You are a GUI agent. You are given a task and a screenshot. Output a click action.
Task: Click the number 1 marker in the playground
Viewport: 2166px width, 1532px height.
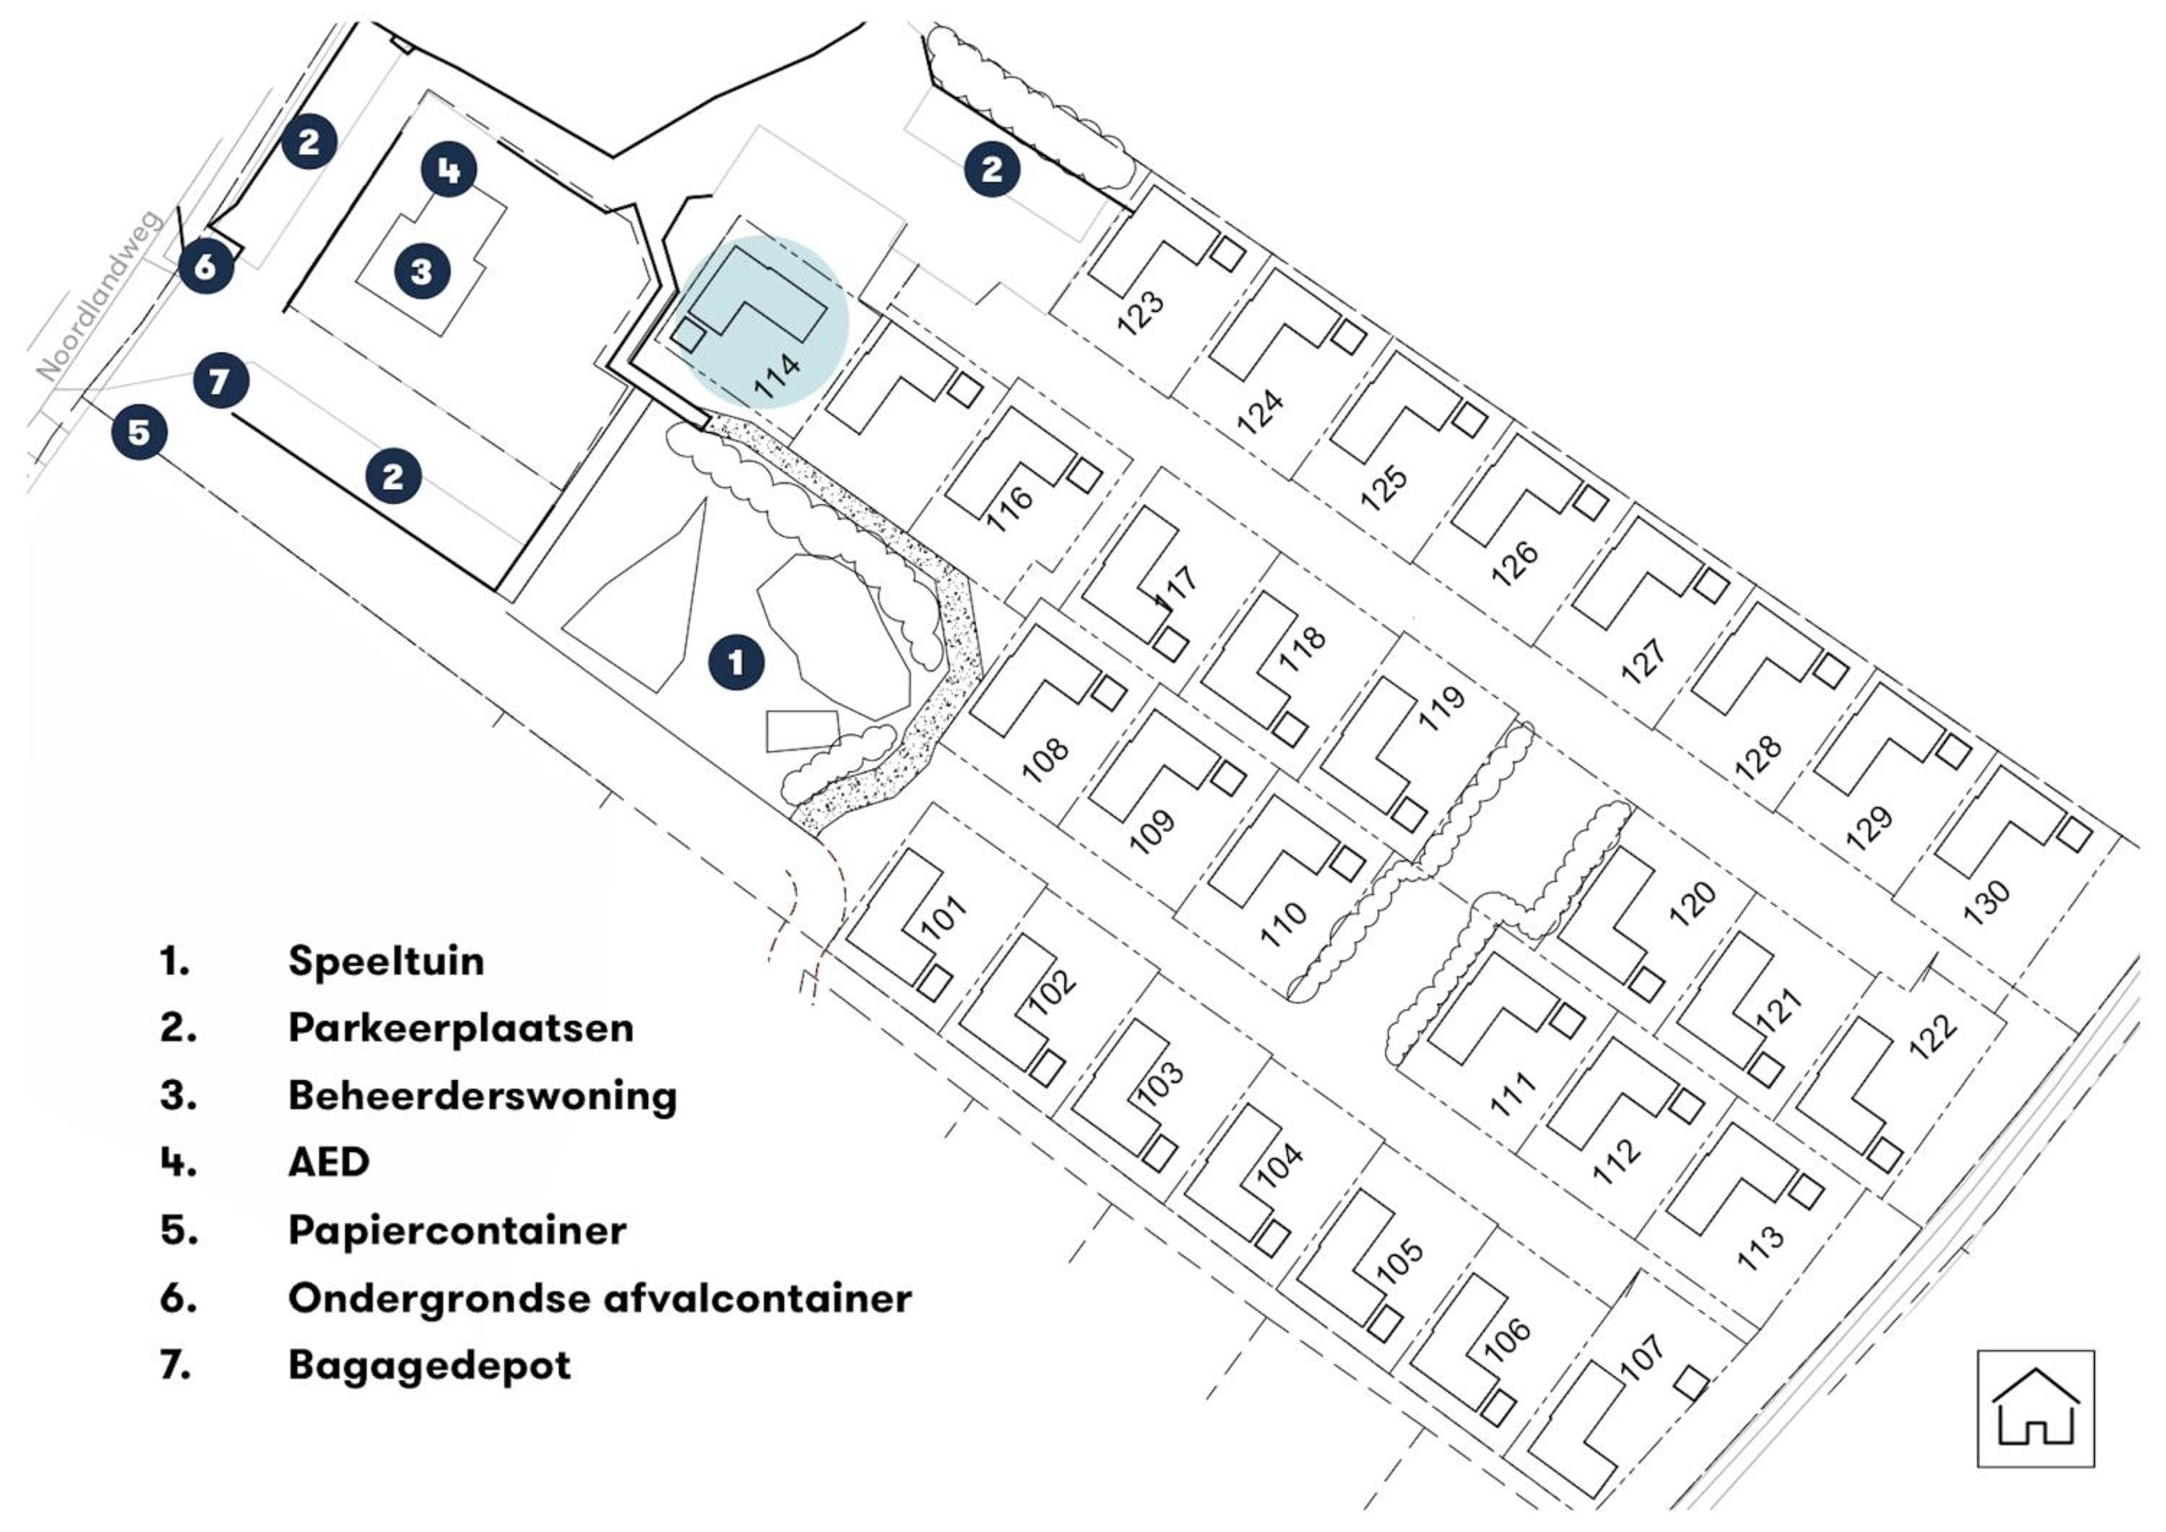[736, 663]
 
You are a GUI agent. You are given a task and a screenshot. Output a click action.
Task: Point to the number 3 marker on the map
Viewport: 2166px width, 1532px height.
[422, 271]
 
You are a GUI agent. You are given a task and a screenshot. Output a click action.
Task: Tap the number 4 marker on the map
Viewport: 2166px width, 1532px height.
[448, 170]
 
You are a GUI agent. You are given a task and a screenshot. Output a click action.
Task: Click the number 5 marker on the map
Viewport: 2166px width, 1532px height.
[139, 433]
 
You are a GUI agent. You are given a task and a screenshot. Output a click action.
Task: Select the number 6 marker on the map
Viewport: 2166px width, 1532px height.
[206, 267]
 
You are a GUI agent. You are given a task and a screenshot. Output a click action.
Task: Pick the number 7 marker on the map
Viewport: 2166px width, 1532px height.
[221, 381]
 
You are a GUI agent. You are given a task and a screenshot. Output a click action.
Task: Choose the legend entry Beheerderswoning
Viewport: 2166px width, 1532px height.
[482, 1096]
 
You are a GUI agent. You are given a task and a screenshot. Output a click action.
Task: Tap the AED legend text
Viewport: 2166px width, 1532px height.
[329, 1162]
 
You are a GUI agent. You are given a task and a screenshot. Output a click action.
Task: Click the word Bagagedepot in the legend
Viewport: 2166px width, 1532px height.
[430, 1366]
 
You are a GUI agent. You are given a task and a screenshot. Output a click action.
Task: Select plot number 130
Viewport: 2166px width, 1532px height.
[1987, 902]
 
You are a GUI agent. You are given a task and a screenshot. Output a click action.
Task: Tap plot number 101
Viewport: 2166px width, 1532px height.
[944, 916]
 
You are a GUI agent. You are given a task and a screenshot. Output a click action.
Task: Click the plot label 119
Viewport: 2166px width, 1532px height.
[1442, 708]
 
